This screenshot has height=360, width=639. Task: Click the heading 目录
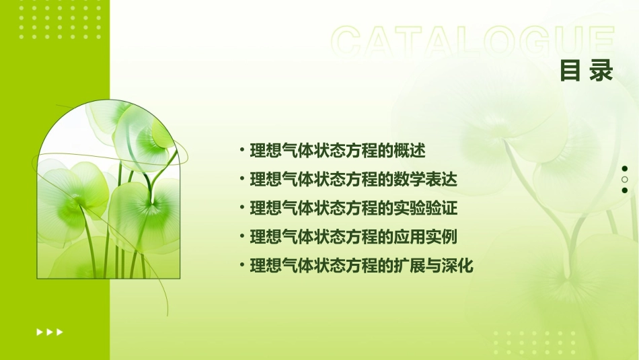click(x=587, y=70)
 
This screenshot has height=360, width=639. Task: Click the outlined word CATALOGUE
click(x=473, y=41)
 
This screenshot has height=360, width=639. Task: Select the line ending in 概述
click(x=338, y=150)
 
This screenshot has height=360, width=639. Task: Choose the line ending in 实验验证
click(x=353, y=208)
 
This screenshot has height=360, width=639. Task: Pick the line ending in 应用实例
click(x=353, y=237)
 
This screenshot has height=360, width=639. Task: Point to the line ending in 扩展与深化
click(x=361, y=266)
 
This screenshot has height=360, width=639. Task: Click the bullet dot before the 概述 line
click(x=242, y=150)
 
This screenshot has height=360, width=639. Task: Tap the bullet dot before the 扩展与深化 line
click(x=242, y=266)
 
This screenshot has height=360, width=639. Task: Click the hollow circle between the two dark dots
click(x=625, y=180)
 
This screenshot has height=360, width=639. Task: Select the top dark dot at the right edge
click(x=625, y=169)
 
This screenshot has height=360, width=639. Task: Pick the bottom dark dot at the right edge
click(x=625, y=190)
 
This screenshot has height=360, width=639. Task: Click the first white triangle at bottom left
click(x=40, y=332)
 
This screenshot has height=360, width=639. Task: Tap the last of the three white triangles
click(x=60, y=332)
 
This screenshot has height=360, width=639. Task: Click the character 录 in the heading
click(x=601, y=70)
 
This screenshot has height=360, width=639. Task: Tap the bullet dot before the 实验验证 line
click(x=242, y=208)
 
